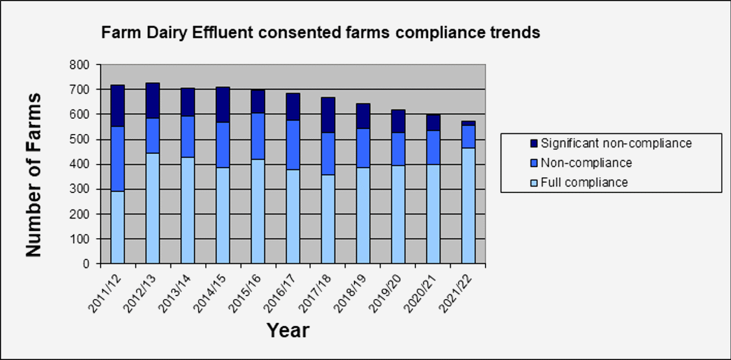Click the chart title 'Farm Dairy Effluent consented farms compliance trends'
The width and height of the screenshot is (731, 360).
click(x=320, y=33)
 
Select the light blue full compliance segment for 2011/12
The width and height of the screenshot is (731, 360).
click(x=118, y=227)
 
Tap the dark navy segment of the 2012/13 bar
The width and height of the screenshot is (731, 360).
click(x=153, y=101)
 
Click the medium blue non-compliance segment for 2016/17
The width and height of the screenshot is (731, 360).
click(x=293, y=145)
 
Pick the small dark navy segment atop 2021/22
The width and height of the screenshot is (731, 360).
click(x=468, y=123)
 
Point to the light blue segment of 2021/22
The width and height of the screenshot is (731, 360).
click(x=468, y=206)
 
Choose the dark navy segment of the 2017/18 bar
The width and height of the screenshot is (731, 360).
click(x=328, y=115)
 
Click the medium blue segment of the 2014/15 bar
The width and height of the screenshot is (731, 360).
click(x=223, y=145)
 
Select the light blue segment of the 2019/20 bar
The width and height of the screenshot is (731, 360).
click(x=398, y=214)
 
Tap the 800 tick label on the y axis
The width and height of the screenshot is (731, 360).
click(x=79, y=65)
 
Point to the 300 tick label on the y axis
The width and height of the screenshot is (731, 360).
click(x=79, y=189)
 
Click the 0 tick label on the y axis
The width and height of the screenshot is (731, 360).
click(x=86, y=263)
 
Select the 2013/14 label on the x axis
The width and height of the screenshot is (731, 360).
click(x=175, y=294)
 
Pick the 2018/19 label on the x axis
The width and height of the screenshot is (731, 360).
click(x=350, y=294)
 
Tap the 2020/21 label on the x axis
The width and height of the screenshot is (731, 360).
click(x=420, y=294)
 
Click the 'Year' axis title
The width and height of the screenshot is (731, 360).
click(x=288, y=330)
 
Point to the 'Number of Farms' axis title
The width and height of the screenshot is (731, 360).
click(x=34, y=175)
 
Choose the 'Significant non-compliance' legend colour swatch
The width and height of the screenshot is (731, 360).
click(x=534, y=143)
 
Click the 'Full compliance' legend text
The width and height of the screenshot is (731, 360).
click(x=584, y=182)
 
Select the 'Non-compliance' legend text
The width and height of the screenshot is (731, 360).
click(x=587, y=163)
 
